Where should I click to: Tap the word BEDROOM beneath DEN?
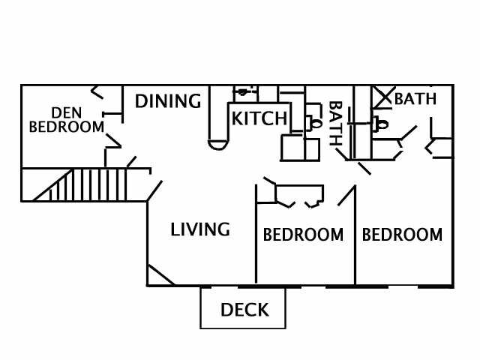[67, 127]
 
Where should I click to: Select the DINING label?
[168, 100]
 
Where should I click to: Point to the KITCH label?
[259, 118]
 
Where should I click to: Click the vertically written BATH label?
[335, 124]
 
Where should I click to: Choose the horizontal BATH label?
[415, 98]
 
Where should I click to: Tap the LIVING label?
[199, 229]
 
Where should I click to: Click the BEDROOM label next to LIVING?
[303, 235]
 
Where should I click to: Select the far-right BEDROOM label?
[402, 235]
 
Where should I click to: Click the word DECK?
[244, 310]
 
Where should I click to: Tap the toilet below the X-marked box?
[381, 124]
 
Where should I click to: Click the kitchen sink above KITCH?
[242, 93]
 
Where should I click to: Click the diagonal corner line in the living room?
[160, 274]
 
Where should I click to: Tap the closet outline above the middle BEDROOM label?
[299, 195]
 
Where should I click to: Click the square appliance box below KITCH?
[295, 147]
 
